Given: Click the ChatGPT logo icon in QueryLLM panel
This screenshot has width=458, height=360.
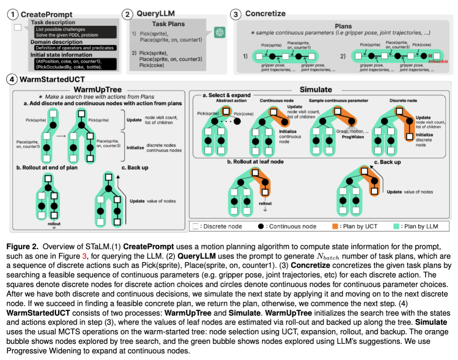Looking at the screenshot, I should pos(219,32).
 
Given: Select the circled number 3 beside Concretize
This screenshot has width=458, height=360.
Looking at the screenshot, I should pos(236,14).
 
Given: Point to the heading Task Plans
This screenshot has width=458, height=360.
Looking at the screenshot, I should pos(168,24).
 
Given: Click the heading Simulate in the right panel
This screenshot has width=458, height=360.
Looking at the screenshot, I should pos(316,89).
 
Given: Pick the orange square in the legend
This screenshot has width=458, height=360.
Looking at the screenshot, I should pos(335,226).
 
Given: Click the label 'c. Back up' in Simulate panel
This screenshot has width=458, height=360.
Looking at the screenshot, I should pos(390,162).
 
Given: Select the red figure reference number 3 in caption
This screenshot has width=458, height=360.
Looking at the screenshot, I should pos(85,256).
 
